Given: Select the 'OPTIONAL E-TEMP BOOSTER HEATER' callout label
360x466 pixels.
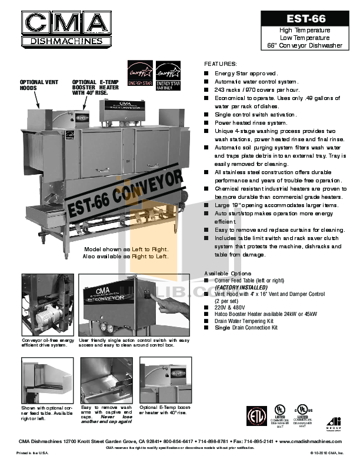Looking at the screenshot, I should pos(91,87).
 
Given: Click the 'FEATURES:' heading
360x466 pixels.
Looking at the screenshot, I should pos(220,63).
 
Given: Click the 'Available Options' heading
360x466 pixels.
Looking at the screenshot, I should pos(228,274).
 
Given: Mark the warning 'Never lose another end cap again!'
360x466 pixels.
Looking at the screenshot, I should pos(106,420).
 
